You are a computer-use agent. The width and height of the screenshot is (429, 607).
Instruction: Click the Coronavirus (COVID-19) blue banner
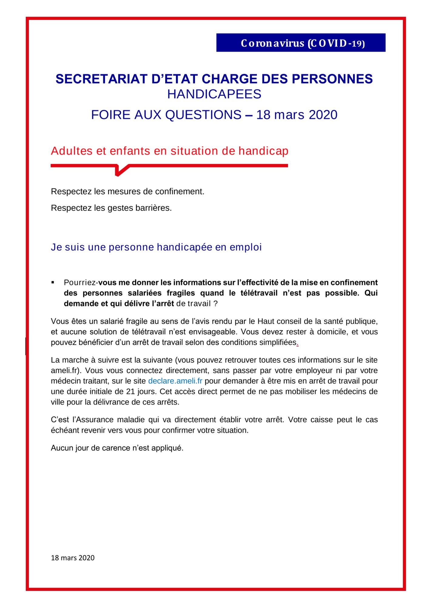click(301, 43)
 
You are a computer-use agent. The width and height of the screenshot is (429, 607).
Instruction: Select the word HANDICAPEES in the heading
click(214, 94)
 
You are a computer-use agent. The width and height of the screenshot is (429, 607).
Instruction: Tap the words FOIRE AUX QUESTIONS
click(166, 115)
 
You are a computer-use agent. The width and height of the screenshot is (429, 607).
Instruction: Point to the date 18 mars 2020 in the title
click(297, 115)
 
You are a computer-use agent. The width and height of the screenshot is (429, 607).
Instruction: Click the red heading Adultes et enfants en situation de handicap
click(169, 151)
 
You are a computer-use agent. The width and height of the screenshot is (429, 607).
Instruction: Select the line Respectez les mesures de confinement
click(128, 192)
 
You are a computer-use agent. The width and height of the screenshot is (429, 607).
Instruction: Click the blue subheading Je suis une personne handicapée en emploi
click(156, 247)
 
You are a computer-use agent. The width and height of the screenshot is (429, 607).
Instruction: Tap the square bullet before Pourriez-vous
click(53, 283)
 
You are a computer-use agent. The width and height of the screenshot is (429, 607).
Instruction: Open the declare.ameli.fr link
click(175, 381)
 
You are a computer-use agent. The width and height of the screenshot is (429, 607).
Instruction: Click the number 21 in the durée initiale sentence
click(130, 392)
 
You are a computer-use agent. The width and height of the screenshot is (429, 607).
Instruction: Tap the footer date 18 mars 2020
click(73, 558)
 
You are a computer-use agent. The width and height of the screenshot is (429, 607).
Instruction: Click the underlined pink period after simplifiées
click(297, 343)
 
